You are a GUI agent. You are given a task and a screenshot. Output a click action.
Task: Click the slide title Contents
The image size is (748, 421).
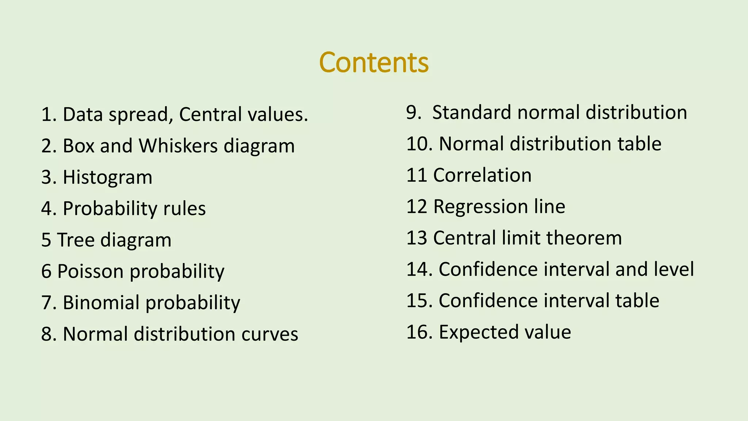pos(374,62)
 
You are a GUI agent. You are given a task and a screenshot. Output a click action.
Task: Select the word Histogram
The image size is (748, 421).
pos(107,178)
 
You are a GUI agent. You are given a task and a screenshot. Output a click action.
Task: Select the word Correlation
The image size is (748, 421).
pos(482,175)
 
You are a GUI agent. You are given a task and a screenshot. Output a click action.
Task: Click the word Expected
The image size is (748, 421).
pos(478,332)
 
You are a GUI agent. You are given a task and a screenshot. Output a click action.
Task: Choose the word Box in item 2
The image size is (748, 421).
pos(79,146)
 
